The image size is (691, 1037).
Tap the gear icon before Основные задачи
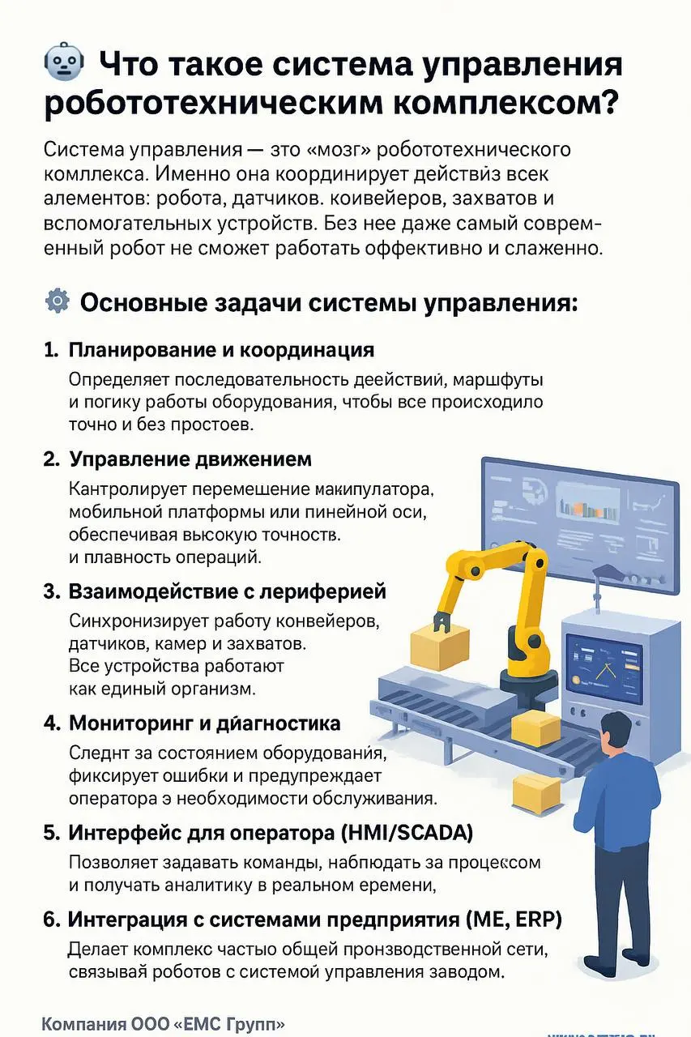tap(57, 302)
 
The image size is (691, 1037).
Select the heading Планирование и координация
tap(221, 350)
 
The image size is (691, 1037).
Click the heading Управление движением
tap(190, 459)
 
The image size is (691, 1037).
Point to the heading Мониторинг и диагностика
tap(204, 723)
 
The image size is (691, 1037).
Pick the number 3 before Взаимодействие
tap(49, 591)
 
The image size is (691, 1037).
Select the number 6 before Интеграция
tap(49, 920)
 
